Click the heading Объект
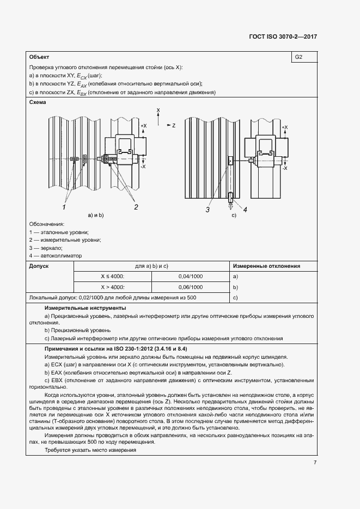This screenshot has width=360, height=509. (x=39, y=57)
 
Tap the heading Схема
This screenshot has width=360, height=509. (x=38, y=102)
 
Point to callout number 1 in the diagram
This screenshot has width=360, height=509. (x=64, y=207)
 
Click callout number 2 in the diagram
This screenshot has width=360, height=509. (x=136, y=207)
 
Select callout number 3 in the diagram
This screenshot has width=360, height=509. (x=208, y=208)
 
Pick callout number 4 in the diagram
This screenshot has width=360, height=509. (x=245, y=208)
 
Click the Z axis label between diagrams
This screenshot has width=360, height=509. (x=173, y=125)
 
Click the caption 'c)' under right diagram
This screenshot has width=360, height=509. (x=234, y=216)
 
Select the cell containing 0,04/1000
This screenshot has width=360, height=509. (x=190, y=277)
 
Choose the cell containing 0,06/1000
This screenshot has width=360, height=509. (x=190, y=287)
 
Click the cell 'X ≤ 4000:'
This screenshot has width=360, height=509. (x=112, y=277)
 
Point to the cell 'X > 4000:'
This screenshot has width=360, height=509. (x=112, y=287)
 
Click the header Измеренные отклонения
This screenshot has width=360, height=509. (x=267, y=266)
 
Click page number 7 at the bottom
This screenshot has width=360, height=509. (x=315, y=463)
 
